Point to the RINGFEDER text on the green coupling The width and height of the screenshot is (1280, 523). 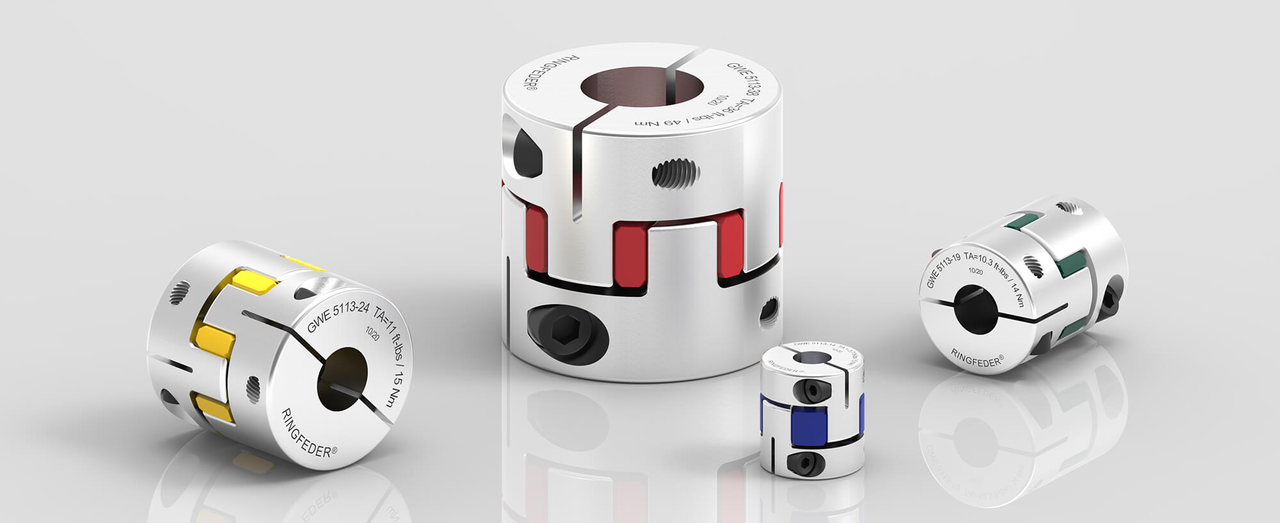click(977, 358)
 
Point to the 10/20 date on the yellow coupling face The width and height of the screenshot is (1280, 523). click(372, 332)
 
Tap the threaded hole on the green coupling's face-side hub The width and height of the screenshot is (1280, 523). click(1033, 265)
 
